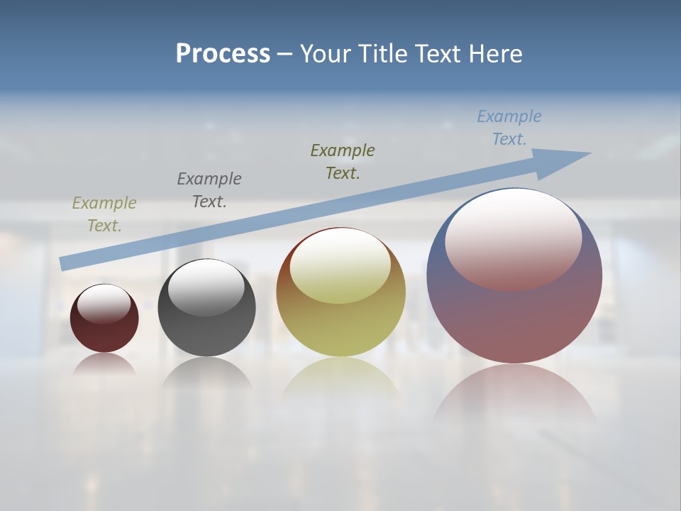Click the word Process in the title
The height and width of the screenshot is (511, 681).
click(x=223, y=54)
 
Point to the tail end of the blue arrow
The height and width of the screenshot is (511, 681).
click(x=64, y=263)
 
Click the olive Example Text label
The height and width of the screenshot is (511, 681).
click(x=104, y=214)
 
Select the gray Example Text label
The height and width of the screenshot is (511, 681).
click(x=209, y=190)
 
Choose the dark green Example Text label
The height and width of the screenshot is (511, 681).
click(x=343, y=162)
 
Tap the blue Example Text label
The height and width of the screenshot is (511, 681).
click(x=509, y=128)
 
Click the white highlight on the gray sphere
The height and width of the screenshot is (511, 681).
click(x=206, y=287)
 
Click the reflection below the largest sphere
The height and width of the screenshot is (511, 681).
click(x=514, y=394)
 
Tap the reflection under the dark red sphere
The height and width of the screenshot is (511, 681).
click(x=104, y=364)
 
